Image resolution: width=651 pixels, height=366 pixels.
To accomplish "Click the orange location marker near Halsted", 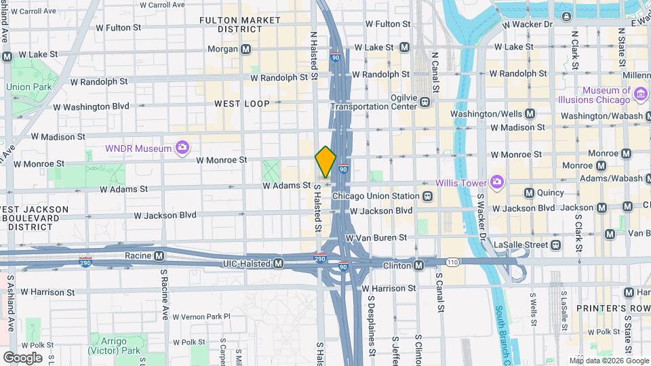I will coord(325,161).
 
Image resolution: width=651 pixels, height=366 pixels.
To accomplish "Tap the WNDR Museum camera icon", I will coord(181,147).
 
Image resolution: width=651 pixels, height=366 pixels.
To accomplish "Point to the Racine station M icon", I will coord(159,256).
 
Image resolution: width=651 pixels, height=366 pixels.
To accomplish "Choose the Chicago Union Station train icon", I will coord(427,196).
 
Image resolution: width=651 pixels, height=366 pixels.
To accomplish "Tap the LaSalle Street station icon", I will coord(556,245).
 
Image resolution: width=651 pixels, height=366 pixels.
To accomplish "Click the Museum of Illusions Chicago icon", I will coord(640,91).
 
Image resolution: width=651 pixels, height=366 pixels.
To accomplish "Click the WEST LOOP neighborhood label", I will coord(241,104).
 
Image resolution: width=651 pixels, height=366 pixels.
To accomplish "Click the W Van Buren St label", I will coord(376,238).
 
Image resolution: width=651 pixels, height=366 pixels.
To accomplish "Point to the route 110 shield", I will coord(453,261).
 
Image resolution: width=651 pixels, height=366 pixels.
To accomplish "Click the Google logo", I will coord(22,357).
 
